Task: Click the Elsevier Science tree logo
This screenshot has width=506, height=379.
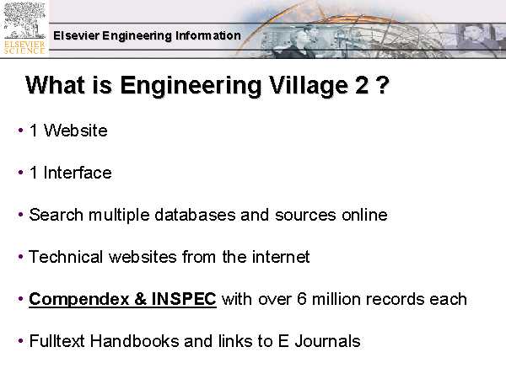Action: tap(24, 29)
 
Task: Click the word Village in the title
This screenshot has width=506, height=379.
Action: tap(309, 85)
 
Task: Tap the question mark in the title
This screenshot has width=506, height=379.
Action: tap(382, 85)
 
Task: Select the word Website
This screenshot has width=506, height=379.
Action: tap(76, 131)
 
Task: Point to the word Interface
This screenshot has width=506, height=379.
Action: tap(78, 173)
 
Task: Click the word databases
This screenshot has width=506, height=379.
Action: tap(195, 215)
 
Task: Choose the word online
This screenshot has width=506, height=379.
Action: tap(364, 215)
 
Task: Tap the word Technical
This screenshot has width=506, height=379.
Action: tap(67, 257)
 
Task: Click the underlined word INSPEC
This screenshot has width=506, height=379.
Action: tap(184, 299)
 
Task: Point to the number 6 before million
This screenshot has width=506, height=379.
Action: tap(301, 299)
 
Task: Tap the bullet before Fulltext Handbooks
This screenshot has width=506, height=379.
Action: tap(20, 341)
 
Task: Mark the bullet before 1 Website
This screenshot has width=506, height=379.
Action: tap(20, 131)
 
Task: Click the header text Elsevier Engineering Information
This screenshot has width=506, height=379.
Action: tap(147, 35)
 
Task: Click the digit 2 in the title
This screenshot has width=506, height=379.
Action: tap(362, 85)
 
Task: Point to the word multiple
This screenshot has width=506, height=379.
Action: tap(119, 216)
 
